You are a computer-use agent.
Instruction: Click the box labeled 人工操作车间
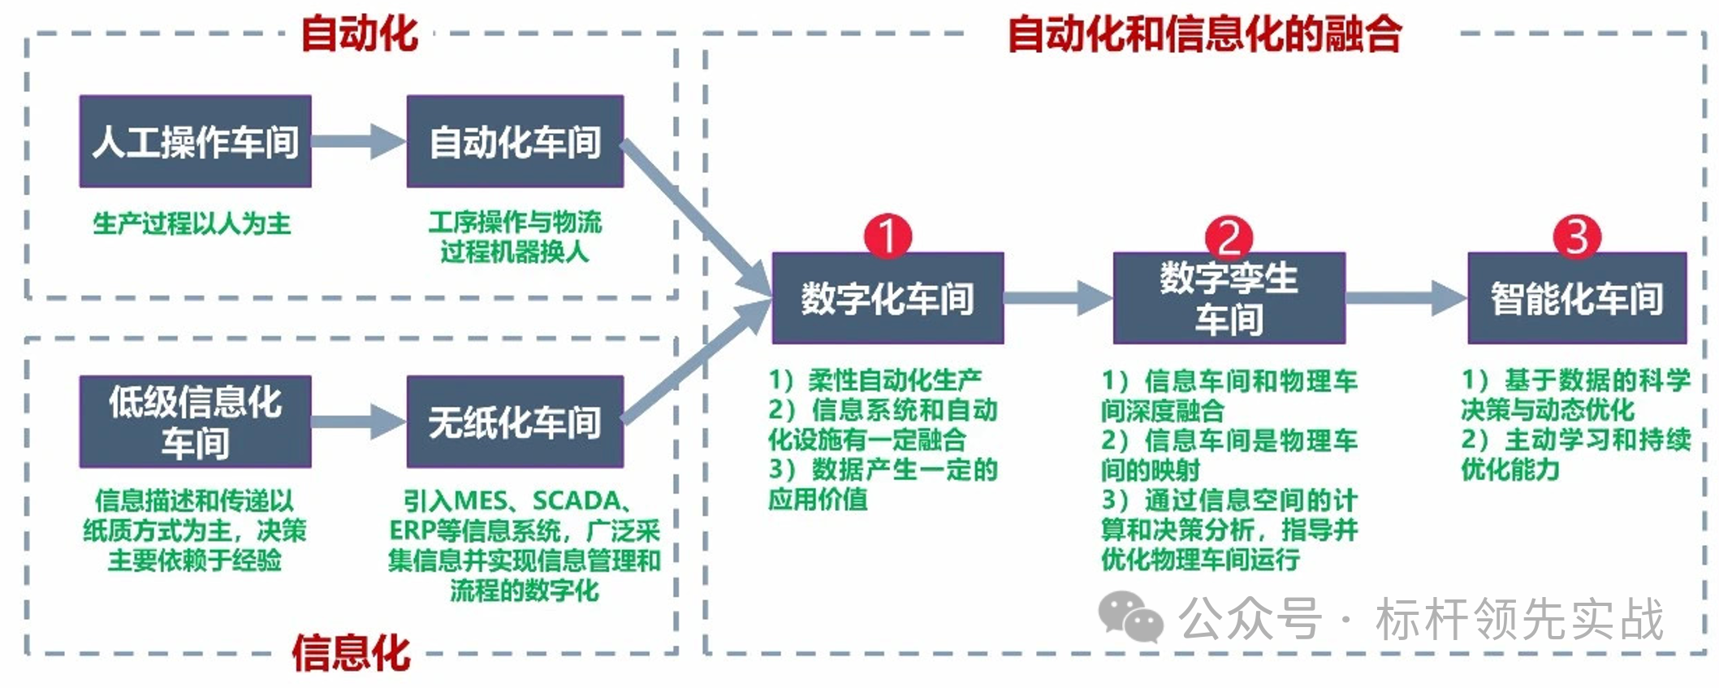click(x=195, y=141)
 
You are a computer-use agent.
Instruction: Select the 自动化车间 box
click(x=515, y=141)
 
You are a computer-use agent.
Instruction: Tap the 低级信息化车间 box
click(x=195, y=422)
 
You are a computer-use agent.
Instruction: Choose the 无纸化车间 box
click(x=515, y=422)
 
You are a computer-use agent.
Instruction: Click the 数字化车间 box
click(x=888, y=298)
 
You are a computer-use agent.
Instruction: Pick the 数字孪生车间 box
click(x=1229, y=298)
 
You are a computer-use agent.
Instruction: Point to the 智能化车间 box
click(x=1576, y=298)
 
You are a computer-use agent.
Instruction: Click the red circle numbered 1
click(x=888, y=236)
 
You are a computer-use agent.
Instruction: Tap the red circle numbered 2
click(x=1229, y=237)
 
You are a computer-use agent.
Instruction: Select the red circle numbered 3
click(x=1576, y=236)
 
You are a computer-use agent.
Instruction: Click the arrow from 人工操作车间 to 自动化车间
click(x=358, y=141)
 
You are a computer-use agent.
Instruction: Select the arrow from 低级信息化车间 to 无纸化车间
click(x=358, y=422)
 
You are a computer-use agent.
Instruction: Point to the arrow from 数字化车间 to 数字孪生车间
click(x=1058, y=298)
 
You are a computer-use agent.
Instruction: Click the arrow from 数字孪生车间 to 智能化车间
click(x=1406, y=298)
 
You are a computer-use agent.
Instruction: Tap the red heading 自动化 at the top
click(x=359, y=34)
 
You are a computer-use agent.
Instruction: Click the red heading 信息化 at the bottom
click(x=351, y=653)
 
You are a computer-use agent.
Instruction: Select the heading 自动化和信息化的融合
click(x=1205, y=34)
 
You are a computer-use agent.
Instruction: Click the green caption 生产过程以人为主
click(x=192, y=223)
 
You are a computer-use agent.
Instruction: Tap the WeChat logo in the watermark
click(x=1130, y=617)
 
